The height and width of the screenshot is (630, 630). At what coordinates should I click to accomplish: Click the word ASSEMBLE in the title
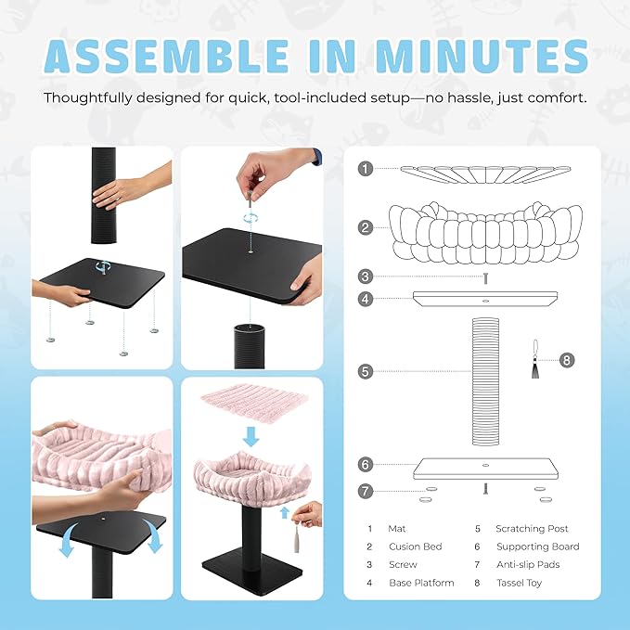[x=166, y=56]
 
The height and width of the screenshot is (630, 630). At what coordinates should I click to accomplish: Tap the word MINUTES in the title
[x=482, y=56]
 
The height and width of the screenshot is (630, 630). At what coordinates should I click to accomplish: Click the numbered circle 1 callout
[x=366, y=169]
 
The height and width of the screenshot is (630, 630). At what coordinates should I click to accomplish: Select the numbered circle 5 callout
[x=366, y=371]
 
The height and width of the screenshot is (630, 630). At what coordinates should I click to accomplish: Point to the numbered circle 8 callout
[x=567, y=360]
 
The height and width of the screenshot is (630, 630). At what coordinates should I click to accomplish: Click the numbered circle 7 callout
[x=366, y=491]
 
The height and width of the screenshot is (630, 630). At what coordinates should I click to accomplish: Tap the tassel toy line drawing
[x=535, y=359]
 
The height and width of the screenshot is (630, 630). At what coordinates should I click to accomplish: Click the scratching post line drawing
[x=485, y=381]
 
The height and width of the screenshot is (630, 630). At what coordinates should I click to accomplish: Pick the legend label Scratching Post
[x=532, y=528]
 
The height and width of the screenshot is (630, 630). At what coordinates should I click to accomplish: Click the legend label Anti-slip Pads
[x=528, y=564]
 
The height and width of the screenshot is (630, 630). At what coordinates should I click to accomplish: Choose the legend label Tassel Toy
[x=519, y=583]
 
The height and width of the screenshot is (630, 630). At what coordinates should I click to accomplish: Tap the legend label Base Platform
[x=421, y=583]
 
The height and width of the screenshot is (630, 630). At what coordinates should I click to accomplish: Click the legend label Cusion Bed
[x=416, y=546]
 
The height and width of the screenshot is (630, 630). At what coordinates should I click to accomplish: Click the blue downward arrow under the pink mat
[x=251, y=436]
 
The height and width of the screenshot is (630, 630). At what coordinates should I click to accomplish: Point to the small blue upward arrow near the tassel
[x=285, y=513]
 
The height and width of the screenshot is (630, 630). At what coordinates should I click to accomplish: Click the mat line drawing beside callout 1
[x=485, y=174]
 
